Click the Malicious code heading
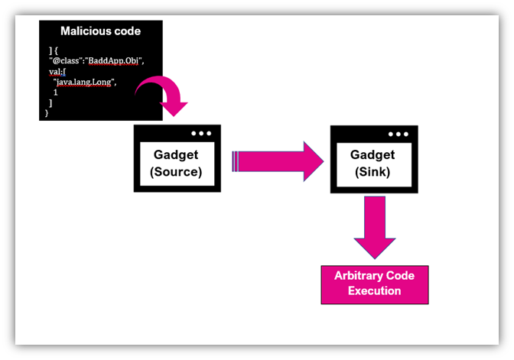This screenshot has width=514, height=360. pos(101,31)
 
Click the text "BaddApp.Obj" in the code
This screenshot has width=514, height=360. pos(114,62)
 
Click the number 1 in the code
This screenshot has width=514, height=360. pos(56,92)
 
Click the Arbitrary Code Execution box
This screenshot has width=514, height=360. pos(374,284)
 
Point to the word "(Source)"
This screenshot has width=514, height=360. pos(176,171)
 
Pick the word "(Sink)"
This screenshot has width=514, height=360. pos(372,171)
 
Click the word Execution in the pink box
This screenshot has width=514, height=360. pos(374,291)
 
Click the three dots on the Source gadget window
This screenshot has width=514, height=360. pos(202,133)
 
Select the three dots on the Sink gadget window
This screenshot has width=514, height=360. pos(399,133)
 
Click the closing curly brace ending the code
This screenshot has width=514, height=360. pos(47,112)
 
